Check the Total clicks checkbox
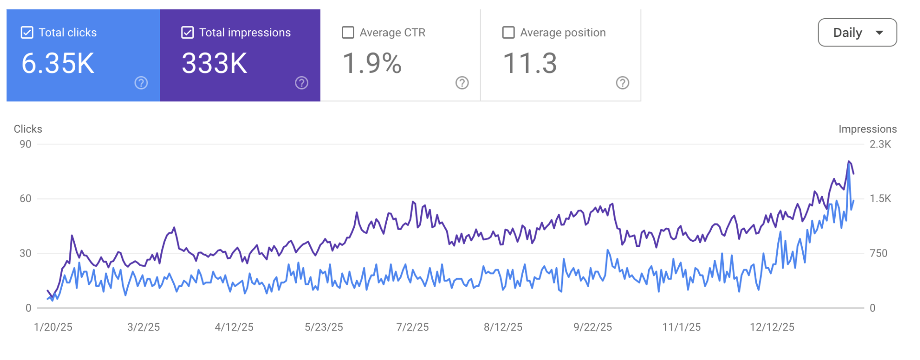point(27,33)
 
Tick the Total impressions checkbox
point(188,33)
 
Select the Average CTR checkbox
point(348,33)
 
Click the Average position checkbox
point(508,33)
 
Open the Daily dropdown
point(857,33)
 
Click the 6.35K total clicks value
point(58,64)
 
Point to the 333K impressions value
point(214,64)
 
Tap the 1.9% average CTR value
point(372,64)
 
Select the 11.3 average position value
point(530,64)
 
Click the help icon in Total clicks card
point(141,83)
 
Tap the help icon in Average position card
point(622,83)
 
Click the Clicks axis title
point(28,129)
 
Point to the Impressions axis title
point(867,129)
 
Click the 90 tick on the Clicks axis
point(25,144)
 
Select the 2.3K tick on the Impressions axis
point(880,144)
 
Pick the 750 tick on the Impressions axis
point(878,253)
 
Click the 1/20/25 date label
point(53,327)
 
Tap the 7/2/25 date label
point(413,327)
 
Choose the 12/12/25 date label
point(772,327)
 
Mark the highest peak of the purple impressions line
point(849,162)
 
